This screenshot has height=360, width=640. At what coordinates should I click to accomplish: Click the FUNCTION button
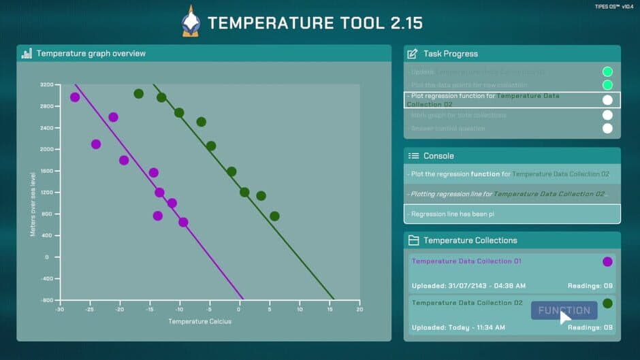coord(564,311)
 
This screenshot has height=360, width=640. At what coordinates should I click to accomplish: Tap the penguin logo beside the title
coord(191,21)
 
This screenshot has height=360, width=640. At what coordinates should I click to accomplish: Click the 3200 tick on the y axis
coord(46,84)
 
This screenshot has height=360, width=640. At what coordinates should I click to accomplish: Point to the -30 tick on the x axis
coord(60,309)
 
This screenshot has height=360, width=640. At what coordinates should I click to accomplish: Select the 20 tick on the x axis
coord(359,309)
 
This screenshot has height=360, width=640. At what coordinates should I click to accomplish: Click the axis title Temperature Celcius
coord(200,321)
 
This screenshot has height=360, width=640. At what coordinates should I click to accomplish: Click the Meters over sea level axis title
coord(33,204)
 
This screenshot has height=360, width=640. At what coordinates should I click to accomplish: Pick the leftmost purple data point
coord(75,97)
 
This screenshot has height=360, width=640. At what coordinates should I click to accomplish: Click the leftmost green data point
coord(139,94)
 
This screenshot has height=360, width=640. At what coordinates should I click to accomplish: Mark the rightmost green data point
coord(274,216)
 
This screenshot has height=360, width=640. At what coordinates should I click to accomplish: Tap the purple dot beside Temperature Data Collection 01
coord(607,261)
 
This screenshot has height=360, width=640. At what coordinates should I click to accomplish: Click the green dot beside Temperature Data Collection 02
coord(607,304)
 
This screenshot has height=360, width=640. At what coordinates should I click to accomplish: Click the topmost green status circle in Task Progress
coord(607,71)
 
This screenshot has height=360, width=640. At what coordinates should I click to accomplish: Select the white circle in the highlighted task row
coord(607,100)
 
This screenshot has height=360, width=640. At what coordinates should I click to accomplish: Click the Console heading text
coord(438,156)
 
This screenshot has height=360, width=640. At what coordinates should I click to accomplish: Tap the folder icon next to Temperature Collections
coord(413,240)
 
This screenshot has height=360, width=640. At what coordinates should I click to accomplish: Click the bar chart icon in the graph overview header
coord(27,53)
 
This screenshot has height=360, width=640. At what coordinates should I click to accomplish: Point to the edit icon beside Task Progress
coord(413,53)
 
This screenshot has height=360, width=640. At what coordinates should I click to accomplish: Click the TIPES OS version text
coord(613,6)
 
